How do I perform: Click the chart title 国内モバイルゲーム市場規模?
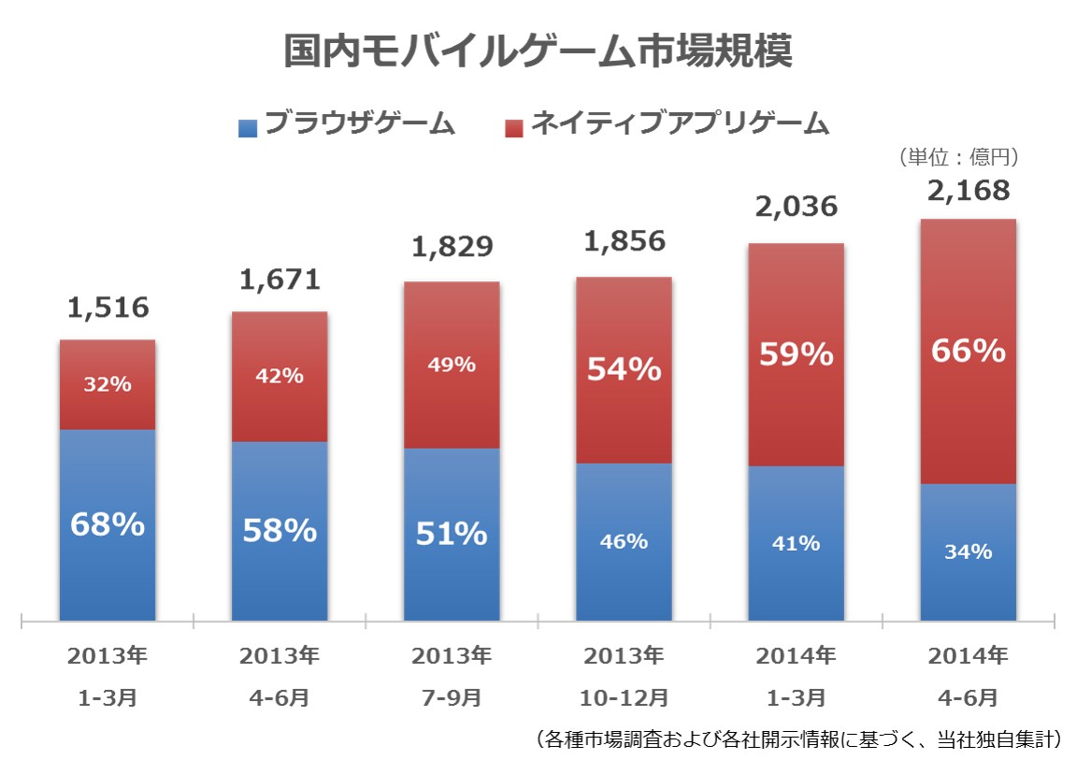[x=538, y=52]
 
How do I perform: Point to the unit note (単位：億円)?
[x=956, y=157]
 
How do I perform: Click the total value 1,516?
[x=108, y=308]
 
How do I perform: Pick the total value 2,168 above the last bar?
[x=968, y=191]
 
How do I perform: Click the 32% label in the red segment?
[x=108, y=383]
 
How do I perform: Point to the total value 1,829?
[x=452, y=249]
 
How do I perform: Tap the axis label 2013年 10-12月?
[x=624, y=676]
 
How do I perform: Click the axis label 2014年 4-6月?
[x=968, y=676]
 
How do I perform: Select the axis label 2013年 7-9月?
[x=452, y=676]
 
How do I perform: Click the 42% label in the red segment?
[x=280, y=376]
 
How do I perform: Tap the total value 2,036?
[x=796, y=208]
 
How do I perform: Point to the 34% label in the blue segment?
[x=968, y=552]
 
